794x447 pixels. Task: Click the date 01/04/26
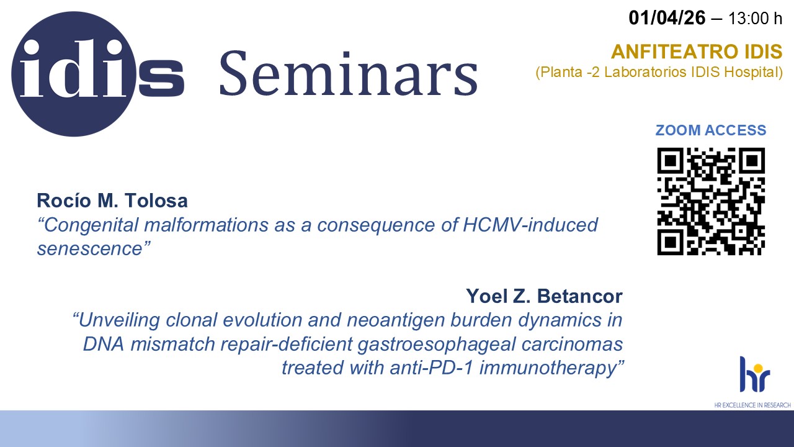[667, 18]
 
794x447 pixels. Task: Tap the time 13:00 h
[755, 19]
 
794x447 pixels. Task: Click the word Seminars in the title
[349, 73]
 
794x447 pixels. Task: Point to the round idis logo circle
[74, 74]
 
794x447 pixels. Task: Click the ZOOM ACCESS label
[711, 130]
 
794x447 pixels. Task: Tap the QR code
[711, 201]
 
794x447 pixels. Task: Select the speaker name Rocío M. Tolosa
[112, 201]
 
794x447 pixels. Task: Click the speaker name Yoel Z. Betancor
[544, 296]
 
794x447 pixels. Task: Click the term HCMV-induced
[530, 225]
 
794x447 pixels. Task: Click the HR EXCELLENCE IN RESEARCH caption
[752, 405]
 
